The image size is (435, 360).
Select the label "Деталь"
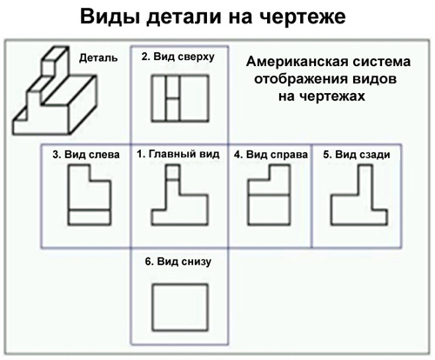[98, 58]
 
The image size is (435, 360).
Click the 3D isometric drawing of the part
[55, 90]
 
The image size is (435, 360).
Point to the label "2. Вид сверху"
[178, 57]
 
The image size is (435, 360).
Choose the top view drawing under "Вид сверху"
[180, 98]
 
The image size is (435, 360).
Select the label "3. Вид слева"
[86, 155]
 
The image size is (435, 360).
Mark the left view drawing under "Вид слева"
[90, 195]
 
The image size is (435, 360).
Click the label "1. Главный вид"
[178, 154]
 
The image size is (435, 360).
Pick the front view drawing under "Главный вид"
[180, 195]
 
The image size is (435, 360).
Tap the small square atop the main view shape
[172, 172]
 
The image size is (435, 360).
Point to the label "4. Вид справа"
[271, 155]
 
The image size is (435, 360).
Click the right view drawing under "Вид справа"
[269, 195]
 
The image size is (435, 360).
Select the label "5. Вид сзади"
[357, 155]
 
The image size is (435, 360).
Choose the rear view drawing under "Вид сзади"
[359, 195]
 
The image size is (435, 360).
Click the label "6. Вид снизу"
[178, 262]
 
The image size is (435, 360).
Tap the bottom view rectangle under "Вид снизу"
[180, 308]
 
